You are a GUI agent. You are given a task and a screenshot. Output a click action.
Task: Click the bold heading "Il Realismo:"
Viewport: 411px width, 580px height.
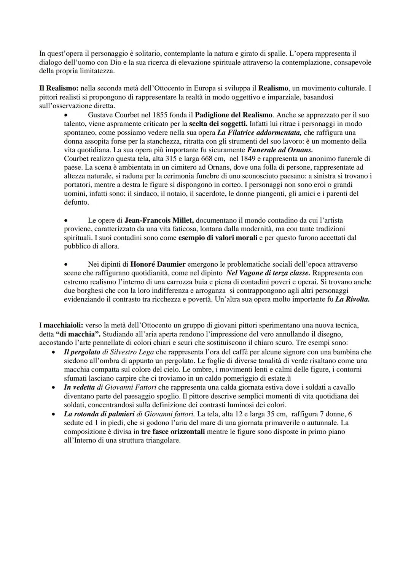point(59,88)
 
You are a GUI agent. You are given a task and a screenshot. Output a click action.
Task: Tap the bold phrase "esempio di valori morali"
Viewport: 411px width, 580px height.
point(218,237)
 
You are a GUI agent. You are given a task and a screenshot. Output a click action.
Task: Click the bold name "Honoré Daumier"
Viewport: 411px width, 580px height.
point(158,264)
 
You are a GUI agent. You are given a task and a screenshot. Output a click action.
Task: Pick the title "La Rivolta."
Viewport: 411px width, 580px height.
point(352,299)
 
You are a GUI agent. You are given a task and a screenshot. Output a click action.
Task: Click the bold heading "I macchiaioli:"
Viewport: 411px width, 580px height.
point(61,325)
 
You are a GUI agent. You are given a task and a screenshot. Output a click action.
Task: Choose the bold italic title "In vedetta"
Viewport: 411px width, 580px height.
point(79,387)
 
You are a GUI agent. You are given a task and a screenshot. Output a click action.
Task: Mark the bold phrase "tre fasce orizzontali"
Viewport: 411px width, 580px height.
point(173,431)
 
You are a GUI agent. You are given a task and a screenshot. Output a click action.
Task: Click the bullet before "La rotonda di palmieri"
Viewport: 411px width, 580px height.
point(54,414)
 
